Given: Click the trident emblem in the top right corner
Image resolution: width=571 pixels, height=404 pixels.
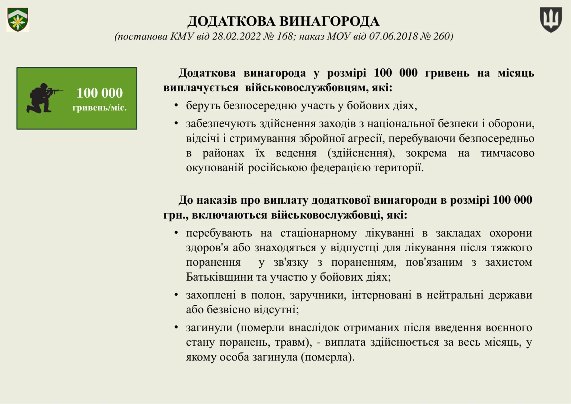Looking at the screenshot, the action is click(x=551, y=20).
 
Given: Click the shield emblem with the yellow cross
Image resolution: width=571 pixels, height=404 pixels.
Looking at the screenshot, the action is click(x=17, y=20).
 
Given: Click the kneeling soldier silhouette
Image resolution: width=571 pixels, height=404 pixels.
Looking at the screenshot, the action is click(x=42, y=98).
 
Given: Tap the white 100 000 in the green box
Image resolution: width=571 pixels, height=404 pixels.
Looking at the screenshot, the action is click(x=100, y=93).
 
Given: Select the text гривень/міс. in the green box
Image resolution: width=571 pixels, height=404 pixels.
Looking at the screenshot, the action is click(x=100, y=108).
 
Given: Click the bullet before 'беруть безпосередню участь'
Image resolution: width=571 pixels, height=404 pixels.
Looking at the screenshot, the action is click(x=176, y=106).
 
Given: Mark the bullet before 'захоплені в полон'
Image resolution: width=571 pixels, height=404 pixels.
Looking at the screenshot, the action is click(x=176, y=295).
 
